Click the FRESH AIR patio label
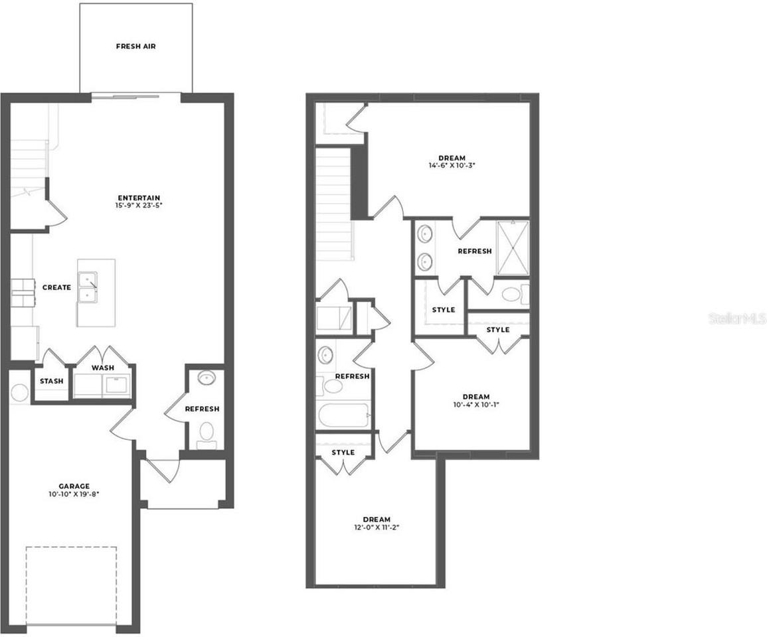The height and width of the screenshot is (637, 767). tap(135, 46)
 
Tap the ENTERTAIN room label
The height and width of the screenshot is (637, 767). tap(139, 198)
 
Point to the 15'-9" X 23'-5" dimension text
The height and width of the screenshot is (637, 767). tap(139, 206)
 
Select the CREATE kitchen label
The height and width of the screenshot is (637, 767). tap(56, 287)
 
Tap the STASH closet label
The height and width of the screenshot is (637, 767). tap(51, 381)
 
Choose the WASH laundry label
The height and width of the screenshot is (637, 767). tap(102, 368)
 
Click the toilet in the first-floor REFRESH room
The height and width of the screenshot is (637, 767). tap(207, 433)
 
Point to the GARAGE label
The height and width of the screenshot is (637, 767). tap(74, 486)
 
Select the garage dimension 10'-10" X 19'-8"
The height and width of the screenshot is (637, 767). tap(74, 494)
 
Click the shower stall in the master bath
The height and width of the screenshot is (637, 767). tap(513, 248)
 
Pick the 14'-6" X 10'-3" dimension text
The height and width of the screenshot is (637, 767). tap(452, 166)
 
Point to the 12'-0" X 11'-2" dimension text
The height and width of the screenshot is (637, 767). tap(377, 527)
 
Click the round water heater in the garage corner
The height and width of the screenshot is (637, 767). tap(19, 392)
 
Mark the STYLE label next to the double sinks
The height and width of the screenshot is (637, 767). tap(443, 310)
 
